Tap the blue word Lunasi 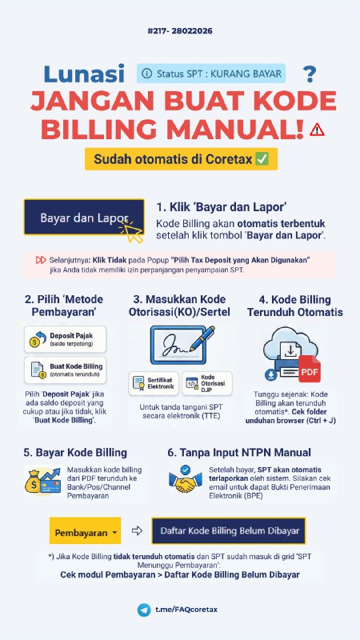pyautogui.click(x=84, y=74)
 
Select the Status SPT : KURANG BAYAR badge pyautogui.click(x=211, y=74)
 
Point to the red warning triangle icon pyautogui.click(x=318, y=129)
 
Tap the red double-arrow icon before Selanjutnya pyautogui.click(x=40, y=260)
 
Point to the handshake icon pyautogui.click(x=185, y=481)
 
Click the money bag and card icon pyautogui.click(x=46, y=481)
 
